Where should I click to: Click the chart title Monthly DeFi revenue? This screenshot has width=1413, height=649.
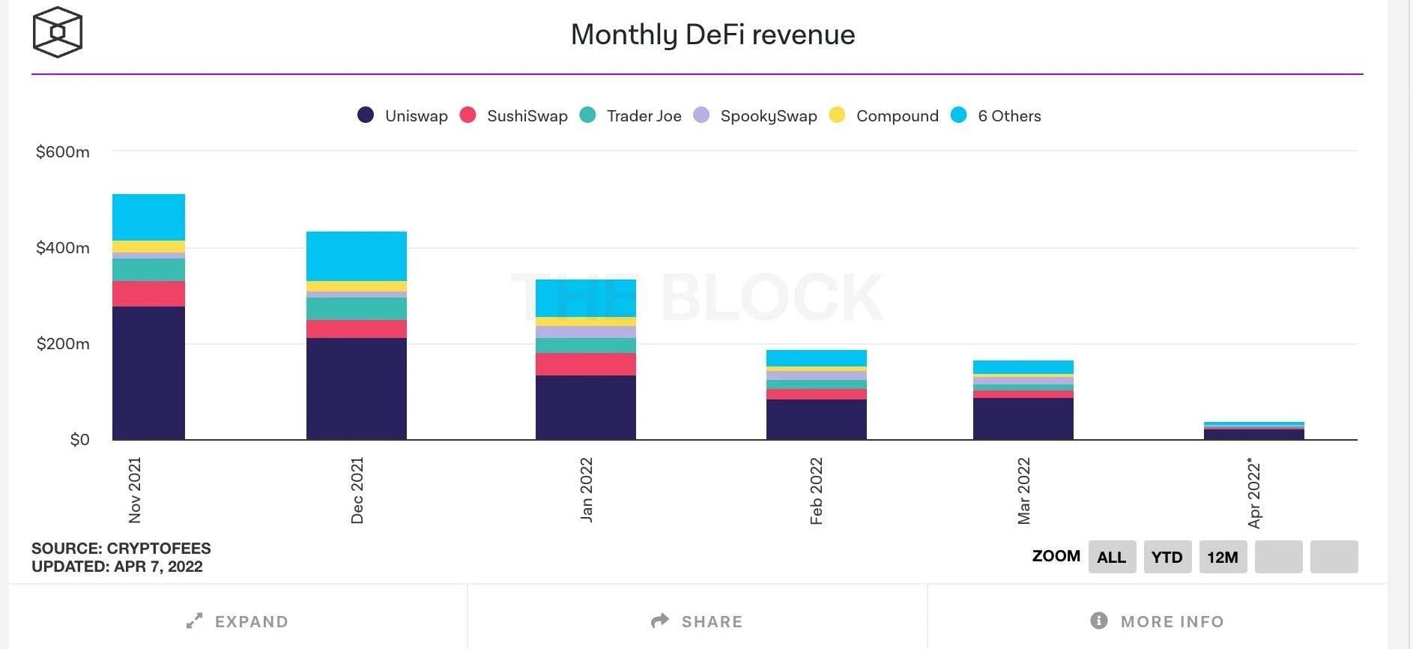coord(712,34)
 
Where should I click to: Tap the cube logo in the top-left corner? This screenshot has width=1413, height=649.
coord(57,32)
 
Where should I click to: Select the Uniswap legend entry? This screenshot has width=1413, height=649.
coord(403,115)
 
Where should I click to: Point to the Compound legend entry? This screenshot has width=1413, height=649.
coord(884,115)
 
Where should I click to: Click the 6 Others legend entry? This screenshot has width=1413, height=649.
coord(996,115)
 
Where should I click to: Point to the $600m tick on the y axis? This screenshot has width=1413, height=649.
coord(63,152)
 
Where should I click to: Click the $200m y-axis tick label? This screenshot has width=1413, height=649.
coord(63,344)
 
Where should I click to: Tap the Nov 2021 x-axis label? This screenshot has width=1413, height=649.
coord(135,490)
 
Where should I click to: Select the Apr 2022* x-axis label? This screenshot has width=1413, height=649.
coord(1254,492)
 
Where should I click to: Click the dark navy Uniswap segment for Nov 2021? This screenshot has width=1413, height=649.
coord(148,372)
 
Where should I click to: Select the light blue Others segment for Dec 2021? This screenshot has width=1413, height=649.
coord(357,256)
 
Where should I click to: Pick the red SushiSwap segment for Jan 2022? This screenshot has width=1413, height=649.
coord(586,364)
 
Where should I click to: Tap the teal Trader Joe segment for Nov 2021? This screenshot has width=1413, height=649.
coord(148,270)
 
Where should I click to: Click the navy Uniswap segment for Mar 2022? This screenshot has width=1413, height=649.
coord(1023,418)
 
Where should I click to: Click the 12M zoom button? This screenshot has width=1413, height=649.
coord(1223,557)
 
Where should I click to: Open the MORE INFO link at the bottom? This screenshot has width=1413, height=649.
coord(1158,621)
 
